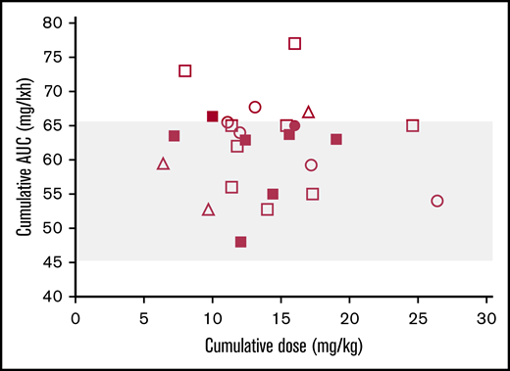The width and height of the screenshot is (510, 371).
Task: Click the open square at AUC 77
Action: [x=294, y=43]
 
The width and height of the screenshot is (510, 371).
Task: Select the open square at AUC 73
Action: [x=184, y=70]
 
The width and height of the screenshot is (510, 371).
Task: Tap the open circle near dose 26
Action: [x=437, y=201]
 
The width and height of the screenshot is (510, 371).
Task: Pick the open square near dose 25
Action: [x=413, y=125]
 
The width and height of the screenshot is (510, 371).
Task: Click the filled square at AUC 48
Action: [x=240, y=242]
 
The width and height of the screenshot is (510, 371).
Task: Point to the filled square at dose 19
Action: [x=336, y=139]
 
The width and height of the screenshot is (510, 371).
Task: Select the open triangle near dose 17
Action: [x=309, y=113]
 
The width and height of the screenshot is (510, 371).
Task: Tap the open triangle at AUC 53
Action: [x=208, y=209]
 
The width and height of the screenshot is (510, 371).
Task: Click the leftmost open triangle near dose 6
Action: [x=163, y=163]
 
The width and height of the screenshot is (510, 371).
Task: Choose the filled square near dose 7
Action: [x=174, y=136]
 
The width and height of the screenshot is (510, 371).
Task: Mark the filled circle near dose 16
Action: [x=294, y=125]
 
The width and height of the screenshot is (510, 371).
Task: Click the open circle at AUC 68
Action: [x=255, y=107]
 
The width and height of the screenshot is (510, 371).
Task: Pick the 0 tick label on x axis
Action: [x=76, y=317]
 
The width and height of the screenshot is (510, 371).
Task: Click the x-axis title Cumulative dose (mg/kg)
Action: [x=280, y=346]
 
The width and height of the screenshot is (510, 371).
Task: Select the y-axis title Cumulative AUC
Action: [x=23, y=160]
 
